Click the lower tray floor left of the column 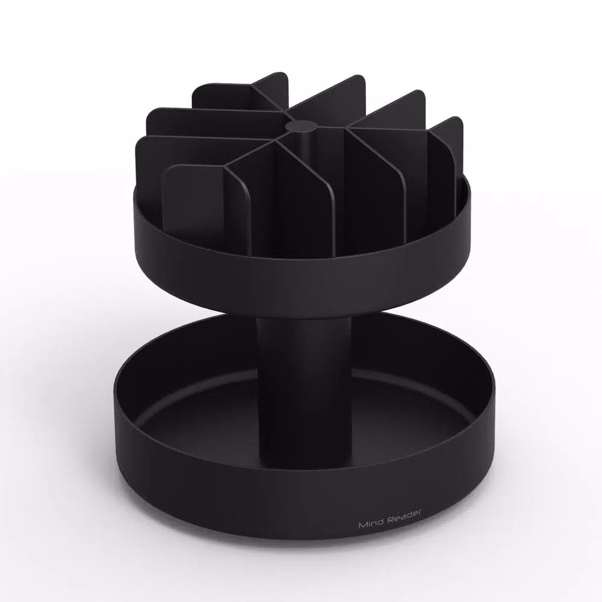199,415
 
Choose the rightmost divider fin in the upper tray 445,157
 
